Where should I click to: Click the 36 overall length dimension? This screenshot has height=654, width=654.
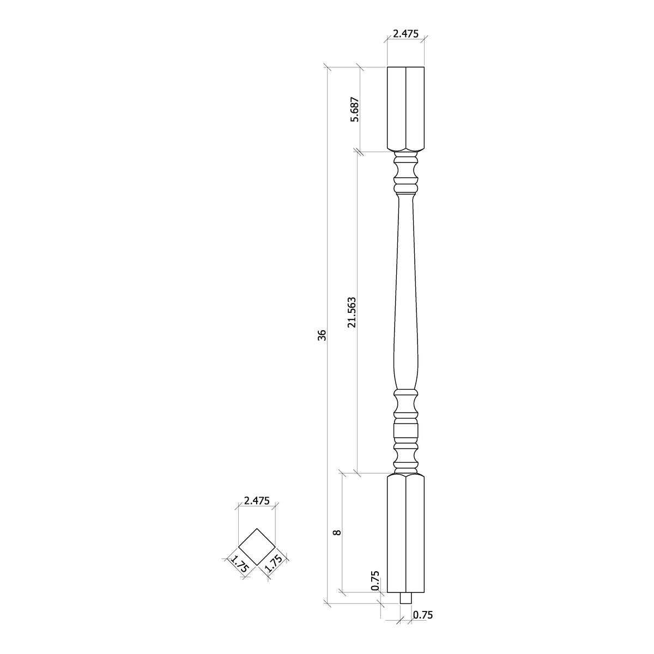point(322,335)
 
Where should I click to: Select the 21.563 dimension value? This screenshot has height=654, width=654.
point(353,312)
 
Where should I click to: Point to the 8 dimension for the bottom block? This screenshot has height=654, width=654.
point(337,532)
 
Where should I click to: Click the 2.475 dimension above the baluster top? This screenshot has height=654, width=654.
point(405,34)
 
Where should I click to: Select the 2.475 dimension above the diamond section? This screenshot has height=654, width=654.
point(257,500)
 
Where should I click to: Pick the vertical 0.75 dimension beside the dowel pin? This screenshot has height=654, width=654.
point(375,581)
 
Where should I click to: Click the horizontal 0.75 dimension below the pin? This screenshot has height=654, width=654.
point(423,615)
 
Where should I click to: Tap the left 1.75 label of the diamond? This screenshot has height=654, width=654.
point(238,564)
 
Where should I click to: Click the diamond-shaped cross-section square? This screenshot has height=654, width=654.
point(257,547)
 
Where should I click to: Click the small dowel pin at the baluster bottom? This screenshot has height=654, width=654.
point(405,598)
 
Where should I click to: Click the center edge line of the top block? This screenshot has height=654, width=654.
point(405,109)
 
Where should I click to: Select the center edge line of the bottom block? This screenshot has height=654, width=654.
point(405,534)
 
